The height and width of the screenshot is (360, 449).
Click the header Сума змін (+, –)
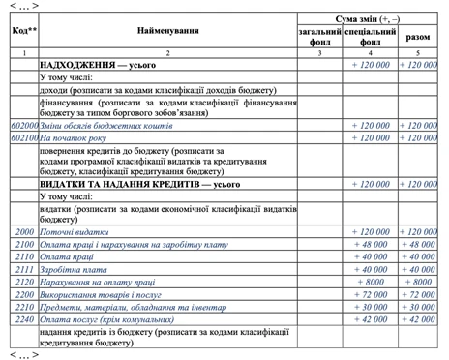(x=370, y=18)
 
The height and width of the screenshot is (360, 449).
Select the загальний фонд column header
(x=319, y=38)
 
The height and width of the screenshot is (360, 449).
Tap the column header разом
(x=422, y=38)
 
